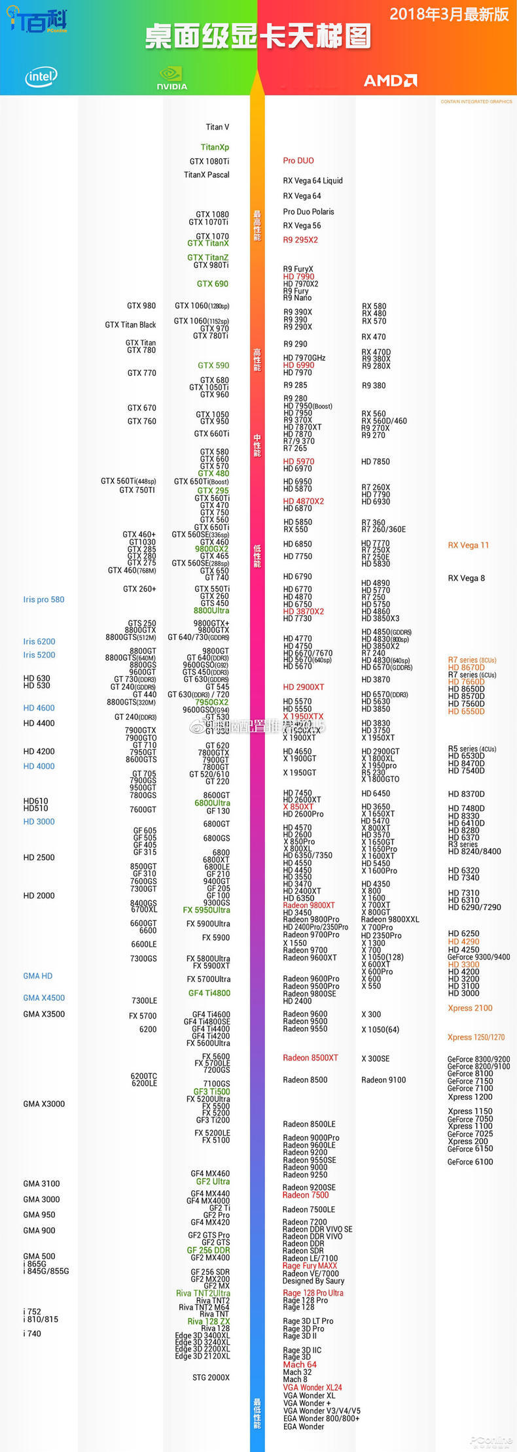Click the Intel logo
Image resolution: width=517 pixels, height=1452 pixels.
pyautogui.click(x=41, y=77)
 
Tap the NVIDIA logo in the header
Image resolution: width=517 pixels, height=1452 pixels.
pyautogui.click(x=172, y=78)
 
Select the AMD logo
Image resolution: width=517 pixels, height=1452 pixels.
pyautogui.click(x=390, y=80)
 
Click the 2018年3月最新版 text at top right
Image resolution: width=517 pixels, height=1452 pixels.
pyautogui.click(x=449, y=15)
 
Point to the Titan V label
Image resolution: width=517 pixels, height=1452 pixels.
pyautogui.click(x=217, y=127)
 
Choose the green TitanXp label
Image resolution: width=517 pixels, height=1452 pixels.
pyautogui.click(x=215, y=147)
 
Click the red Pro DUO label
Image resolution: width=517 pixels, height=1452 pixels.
pyautogui.click(x=298, y=161)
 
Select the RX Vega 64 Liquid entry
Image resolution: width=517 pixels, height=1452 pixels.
pyautogui.click(x=313, y=181)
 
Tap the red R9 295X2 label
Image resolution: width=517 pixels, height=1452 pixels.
pyautogui.click(x=300, y=240)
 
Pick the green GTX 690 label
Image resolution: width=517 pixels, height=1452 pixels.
pyautogui.click(x=213, y=284)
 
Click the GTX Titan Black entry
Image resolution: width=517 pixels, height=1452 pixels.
pyautogui.click(x=130, y=325)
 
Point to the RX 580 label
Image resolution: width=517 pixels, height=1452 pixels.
pyautogui.click(x=374, y=307)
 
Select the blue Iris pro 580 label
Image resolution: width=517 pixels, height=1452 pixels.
pyautogui.click(x=44, y=599)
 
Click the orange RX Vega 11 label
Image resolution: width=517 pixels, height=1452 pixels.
pyautogui.click(x=468, y=545)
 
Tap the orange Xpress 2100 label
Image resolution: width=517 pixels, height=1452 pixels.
pyautogui.click(x=470, y=1008)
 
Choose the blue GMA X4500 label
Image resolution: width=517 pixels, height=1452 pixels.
pyautogui.click(x=44, y=998)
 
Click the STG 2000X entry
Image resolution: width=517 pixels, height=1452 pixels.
pyautogui.click(x=211, y=1377)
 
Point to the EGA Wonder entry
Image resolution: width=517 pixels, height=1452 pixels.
pyautogui.click(x=304, y=1427)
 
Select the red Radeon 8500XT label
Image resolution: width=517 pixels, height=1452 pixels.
pyautogui.click(x=310, y=1058)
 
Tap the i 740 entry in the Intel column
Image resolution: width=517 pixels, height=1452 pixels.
pyautogui.click(x=32, y=1333)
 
